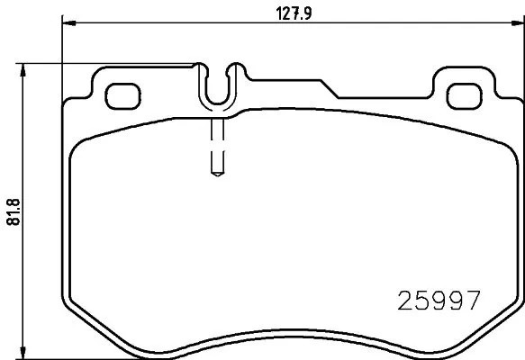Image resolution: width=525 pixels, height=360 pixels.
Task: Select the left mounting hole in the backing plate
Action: point(122,93)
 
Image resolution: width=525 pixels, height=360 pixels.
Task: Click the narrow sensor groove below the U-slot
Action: point(216,144)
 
